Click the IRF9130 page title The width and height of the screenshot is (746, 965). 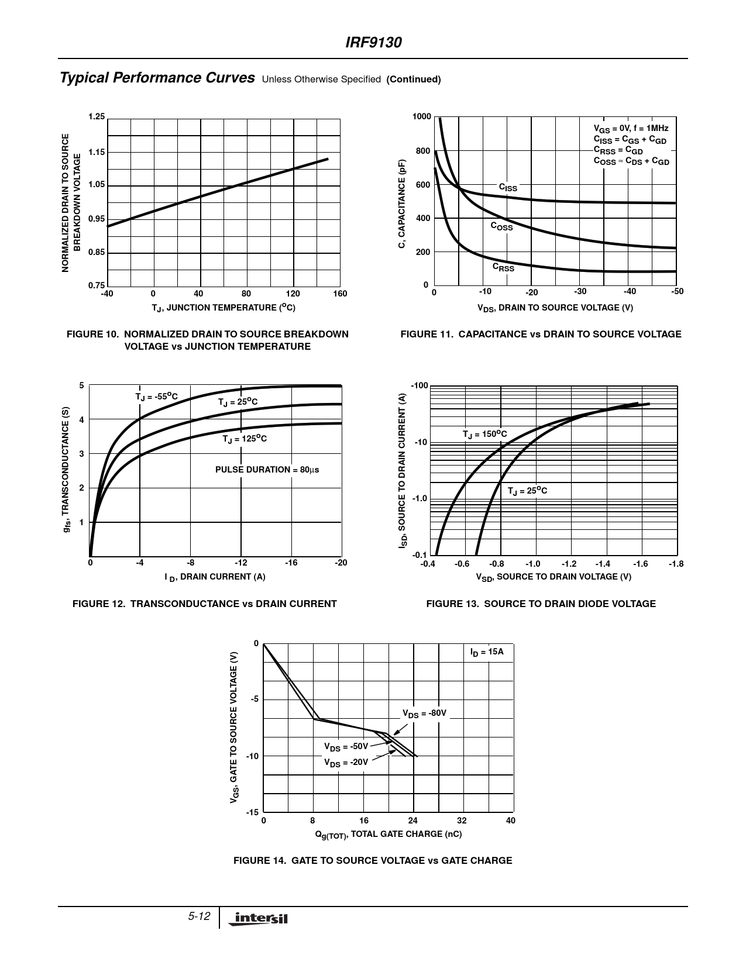pyautogui.click(x=373, y=43)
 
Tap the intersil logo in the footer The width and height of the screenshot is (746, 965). pyautogui.click(x=260, y=919)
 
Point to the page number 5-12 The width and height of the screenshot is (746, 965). pyautogui.click(x=199, y=916)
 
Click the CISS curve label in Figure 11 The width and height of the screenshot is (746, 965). pyautogui.click(x=508, y=188)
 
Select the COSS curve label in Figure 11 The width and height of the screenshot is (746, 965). pyautogui.click(x=501, y=226)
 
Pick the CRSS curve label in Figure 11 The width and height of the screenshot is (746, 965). pyautogui.click(x=503, y=267)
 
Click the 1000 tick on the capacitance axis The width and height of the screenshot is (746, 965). pyautogui.click(x=421, y=117)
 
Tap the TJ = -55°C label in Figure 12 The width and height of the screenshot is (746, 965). pyautogui.click(x=156, y=397)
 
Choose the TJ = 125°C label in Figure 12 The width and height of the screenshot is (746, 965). pyautogui.click(x=245, y=439)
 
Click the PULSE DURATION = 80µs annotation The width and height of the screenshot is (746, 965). pyautogui.click(x=267, y=470)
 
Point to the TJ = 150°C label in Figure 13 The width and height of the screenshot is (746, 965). pyautogui.click(x=484, y=434)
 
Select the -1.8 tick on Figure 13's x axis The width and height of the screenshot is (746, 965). pyautogui.click(x=676, y=564)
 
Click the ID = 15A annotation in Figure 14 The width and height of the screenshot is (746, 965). pyautogui.click(x=487, y=652)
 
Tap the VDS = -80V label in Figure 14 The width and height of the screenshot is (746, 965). pyautogui.click(x=424, y=714)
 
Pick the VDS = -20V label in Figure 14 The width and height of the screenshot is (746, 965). pyautogui.click(x=346, y=763)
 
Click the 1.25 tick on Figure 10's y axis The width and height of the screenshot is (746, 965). pyautogui.click(x=97, y=117)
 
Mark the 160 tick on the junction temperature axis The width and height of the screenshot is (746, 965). pyautogui.click(x=340, y=294)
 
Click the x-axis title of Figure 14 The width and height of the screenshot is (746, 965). pyautogui.click(x=389, y=834)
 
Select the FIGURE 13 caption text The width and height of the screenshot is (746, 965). pyautogui.click(x=541, y=604)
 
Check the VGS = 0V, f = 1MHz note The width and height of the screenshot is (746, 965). pyautogui.click(x=631, y=128)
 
